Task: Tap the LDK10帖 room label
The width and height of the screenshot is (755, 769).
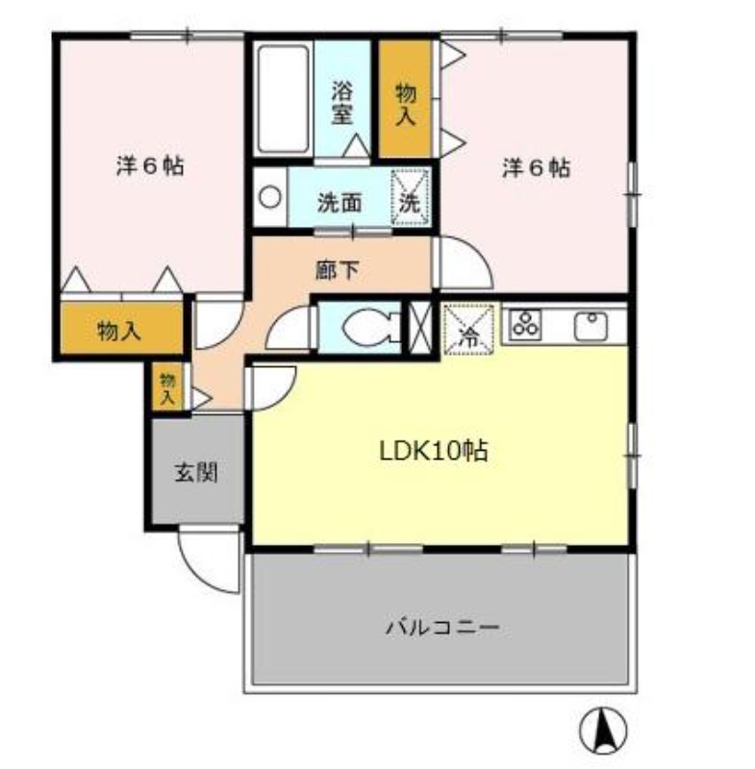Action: tap(432, 449)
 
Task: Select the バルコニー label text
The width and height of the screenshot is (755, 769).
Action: tap(442, 628)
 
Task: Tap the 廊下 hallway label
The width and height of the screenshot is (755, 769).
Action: tap(336, 270)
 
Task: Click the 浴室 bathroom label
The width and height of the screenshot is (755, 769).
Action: tap(342, 102)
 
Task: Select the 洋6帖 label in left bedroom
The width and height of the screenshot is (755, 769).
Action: tap(150, 164)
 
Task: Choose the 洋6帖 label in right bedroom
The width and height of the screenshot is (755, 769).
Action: tap(536, 167)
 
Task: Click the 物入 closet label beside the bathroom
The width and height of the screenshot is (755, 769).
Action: tap(406, 102)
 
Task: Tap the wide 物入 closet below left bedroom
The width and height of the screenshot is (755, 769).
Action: tap(120, 332)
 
